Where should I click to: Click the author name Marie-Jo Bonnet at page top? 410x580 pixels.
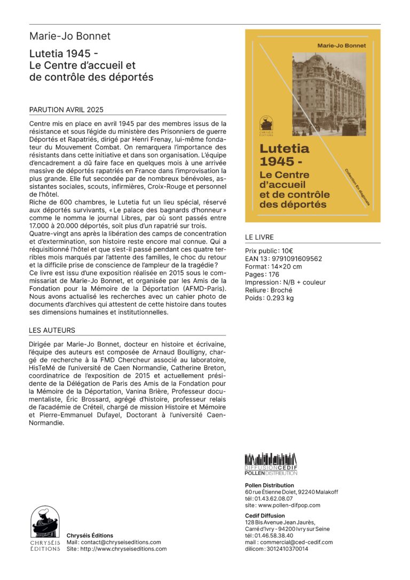[x=69, y=36]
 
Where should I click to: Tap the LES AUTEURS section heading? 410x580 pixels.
[x=52, y=330]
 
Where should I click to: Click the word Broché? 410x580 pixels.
[x=283, y=290]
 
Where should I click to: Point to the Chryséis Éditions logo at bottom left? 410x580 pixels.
[x=45, y=529]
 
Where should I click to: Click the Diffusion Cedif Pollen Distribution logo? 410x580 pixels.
[x=271, y=465]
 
